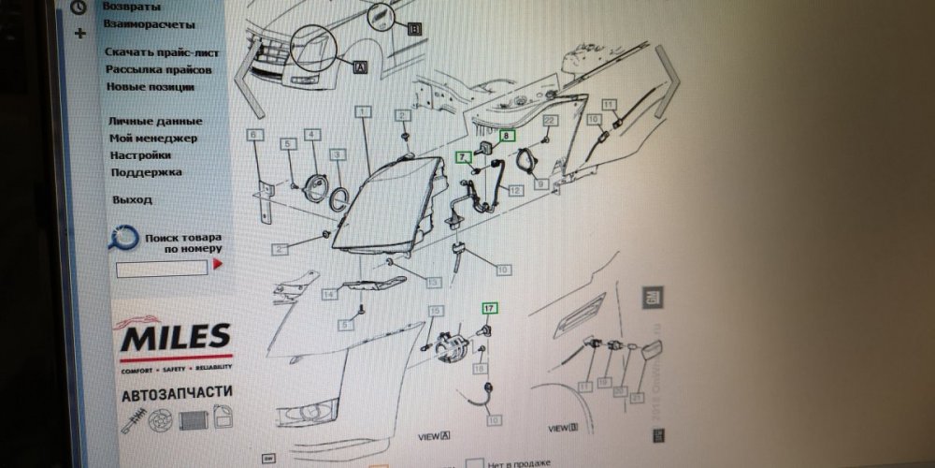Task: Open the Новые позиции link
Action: coord(150,86)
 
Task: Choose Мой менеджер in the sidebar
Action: coord(153,138)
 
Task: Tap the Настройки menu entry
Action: coord(140,154)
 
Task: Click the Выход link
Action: coord(132,199)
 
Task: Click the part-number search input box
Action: coord(162,268)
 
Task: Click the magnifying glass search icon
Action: coord(122,240)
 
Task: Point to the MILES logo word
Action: coord(175,336)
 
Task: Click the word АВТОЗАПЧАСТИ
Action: coord(178,394)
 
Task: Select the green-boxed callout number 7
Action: coord(462,157)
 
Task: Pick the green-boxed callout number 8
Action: coord(508,136)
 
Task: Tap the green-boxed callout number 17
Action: coord(489,307)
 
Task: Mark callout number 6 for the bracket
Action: coord(252,134)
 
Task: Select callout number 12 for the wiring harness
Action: coord(515,190)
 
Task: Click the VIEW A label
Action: coord(434,436)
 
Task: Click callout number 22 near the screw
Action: coord(551,121)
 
